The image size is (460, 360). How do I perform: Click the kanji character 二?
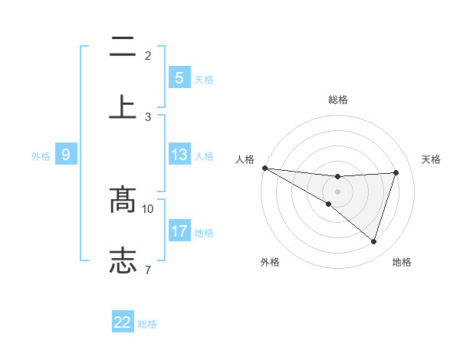coord(123,48)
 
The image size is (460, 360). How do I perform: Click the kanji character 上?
coord(123,106)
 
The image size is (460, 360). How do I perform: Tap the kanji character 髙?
coord(123,200)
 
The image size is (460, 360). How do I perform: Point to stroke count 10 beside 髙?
coord(148,208)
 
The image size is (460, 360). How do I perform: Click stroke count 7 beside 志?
coord(148,269)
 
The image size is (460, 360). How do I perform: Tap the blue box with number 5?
coord(179,78)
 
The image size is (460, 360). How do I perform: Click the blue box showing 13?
coord(179,155)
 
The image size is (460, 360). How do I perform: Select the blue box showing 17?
coord(179,231)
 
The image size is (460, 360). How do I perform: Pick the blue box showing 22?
coord(123,322)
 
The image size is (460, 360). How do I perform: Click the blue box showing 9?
coord(66,155)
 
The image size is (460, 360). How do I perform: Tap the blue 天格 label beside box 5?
coord(204,80)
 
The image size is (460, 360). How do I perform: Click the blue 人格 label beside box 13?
coord(204,156)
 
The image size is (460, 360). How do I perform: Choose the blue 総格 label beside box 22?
coord(147,324)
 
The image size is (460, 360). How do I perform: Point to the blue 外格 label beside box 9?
coord(41,156)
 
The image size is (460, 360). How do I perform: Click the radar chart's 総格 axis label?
coord(337,100)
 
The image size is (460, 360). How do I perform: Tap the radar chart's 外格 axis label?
coord(270,263)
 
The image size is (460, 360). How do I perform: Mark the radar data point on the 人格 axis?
coord(264,168)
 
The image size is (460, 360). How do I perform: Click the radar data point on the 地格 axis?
coord(374,242)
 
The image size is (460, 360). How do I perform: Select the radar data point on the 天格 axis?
coord(396,172)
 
